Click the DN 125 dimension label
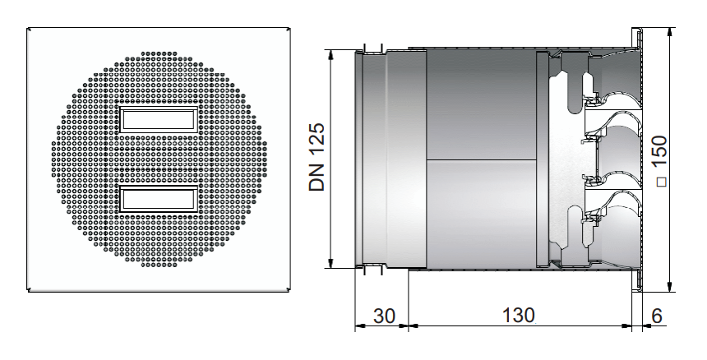317,157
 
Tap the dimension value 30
384,316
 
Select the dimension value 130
519,316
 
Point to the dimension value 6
657,316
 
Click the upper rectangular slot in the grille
158,120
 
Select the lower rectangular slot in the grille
158,200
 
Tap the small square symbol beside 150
661,182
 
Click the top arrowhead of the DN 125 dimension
332,54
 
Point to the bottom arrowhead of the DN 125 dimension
332,263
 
